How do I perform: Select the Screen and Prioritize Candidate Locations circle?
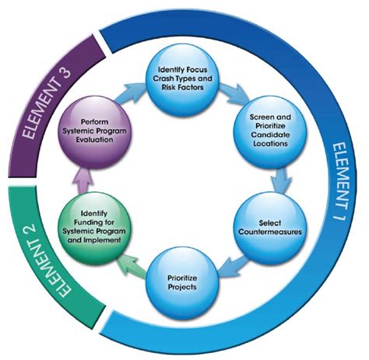click(269, 134)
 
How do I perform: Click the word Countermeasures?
click(269, 232)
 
